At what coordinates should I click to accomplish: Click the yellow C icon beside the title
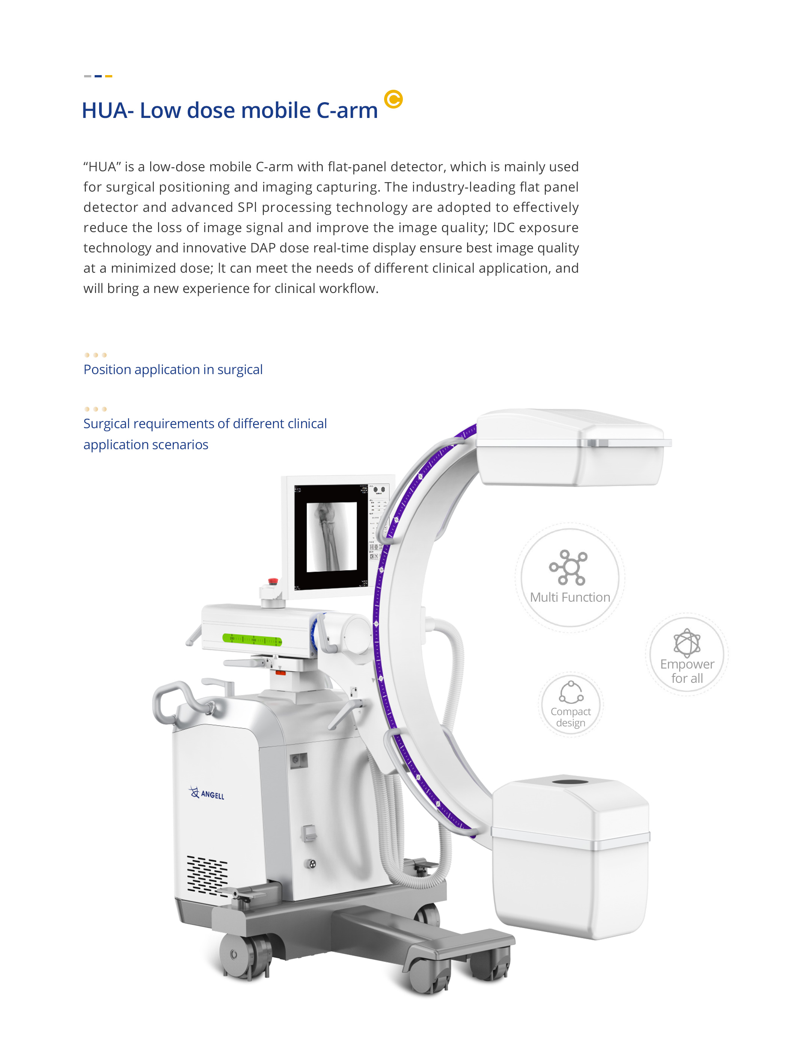(x=393, y=100)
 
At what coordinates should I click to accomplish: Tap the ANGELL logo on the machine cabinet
(x=207, y=793)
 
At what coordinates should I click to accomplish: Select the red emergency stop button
(x=273, y=581)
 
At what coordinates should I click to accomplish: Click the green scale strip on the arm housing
(x=252, y=639)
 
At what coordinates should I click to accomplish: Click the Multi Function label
(x=570, y=598)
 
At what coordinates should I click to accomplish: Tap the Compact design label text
(x=570, y=717)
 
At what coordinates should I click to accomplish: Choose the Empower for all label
(x=687, y=671)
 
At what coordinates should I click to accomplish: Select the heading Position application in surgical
(x=173, y=370)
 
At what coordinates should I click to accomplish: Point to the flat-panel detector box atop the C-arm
(x=571, y=448)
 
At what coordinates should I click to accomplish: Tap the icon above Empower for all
(x=687, y=643)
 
